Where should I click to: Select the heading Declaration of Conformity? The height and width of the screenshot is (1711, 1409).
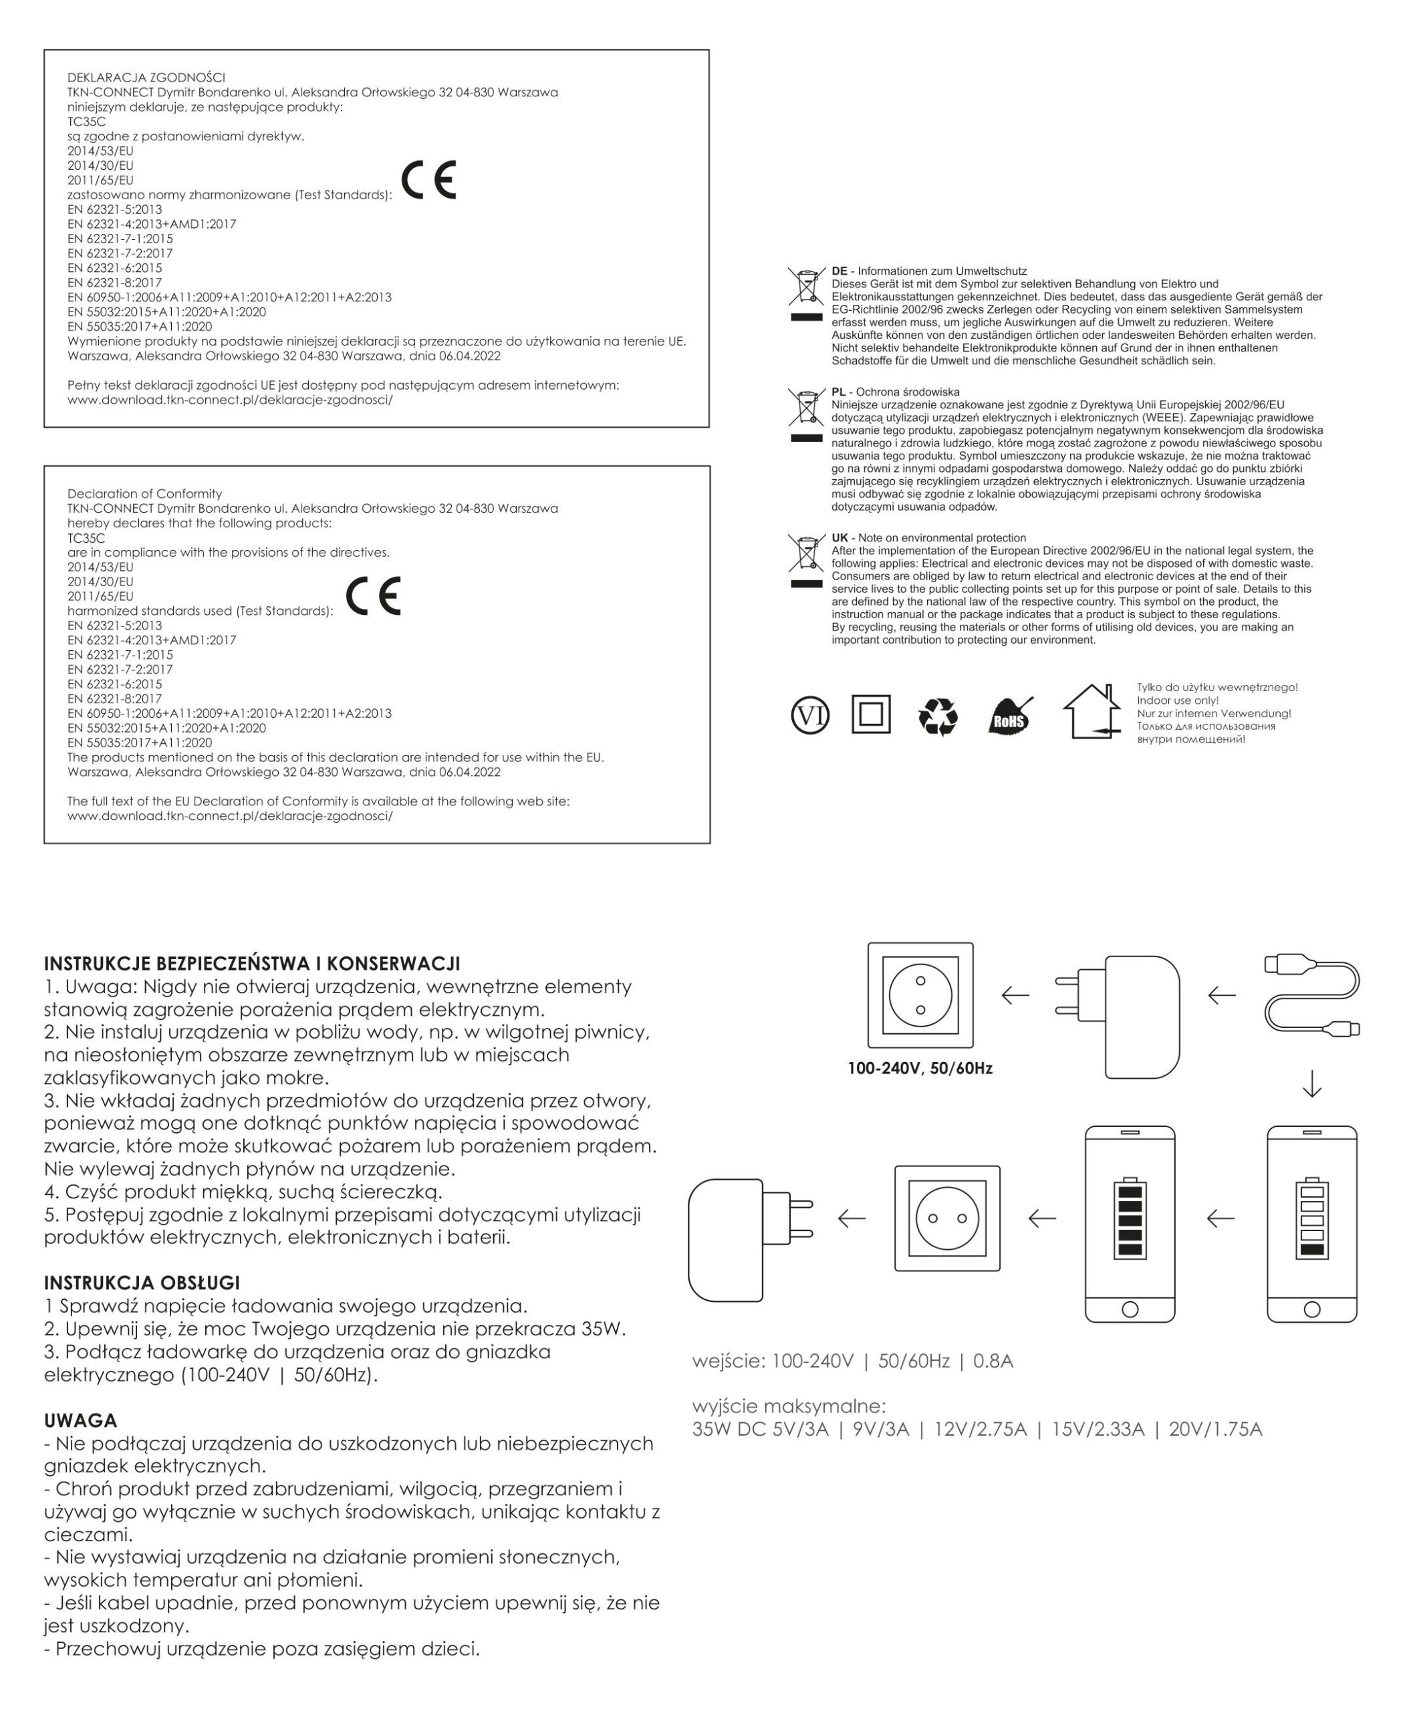144,493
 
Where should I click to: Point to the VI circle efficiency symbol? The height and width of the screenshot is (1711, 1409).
810,715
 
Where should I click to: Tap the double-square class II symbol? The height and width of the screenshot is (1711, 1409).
871,714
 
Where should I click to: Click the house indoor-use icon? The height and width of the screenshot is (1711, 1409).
1092,711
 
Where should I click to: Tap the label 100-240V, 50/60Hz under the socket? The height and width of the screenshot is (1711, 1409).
920,1068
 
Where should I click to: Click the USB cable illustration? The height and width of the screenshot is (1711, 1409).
1311,996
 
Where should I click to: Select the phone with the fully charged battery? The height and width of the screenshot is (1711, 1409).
1130,1223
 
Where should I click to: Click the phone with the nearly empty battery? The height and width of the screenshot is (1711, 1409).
1311,1223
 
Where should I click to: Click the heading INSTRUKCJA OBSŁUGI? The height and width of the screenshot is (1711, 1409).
142,1283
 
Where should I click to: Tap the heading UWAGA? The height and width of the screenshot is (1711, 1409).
80,1420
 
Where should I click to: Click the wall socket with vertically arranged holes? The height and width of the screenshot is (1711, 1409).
920,995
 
